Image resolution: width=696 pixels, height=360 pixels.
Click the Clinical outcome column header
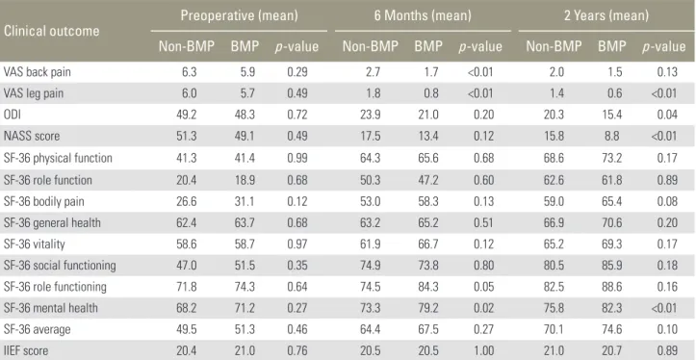pyautogui.click(x=51, y=31)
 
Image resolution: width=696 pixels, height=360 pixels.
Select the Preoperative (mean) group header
pyautogui.click(x=239, y=16)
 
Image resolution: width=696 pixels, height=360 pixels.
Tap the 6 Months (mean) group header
pyautogui.click(x=423, y=16)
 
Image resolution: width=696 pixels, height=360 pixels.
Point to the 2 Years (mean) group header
pyautogui.click(x=606, y=16)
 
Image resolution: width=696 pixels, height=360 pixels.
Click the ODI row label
pyautogui.click(x=12, y=115)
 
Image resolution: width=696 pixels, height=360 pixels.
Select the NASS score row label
pyautogui.click(x=32, y=136)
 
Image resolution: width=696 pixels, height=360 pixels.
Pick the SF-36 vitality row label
pyautogui.click(x=35, y=244)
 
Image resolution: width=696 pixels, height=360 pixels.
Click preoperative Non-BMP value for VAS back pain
pyautogui.click(x=189, y=72)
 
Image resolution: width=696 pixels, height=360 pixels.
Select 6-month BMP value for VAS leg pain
pyautogui.click(x=431, y=93)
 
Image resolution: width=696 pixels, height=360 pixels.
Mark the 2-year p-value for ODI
pyautogui.click(x=667, y=115)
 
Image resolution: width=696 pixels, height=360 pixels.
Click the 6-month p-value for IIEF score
pyautogui.click(x=483, y=350)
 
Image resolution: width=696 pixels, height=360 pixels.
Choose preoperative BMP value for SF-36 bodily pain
pyautogui.click(x=245, y=201)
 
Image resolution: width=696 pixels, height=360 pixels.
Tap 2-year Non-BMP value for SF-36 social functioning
pyautogui.click(x=554, y=266)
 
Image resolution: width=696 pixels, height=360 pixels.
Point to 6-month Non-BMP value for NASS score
pyautogui.click(x=371, y=136)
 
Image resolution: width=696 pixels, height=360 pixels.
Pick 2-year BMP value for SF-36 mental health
pyautogui.click(x=612, y=308)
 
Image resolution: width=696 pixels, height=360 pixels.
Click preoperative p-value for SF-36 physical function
pyautogui.click(x=296, y=158)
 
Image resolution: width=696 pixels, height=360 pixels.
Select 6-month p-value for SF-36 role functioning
pyautogui.click(x=483, y=287)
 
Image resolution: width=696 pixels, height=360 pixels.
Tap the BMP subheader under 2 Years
pyautogui.click(x=611, y=46)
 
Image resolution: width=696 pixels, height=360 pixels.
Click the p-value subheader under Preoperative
pyautogui.click(x=296, y=47)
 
